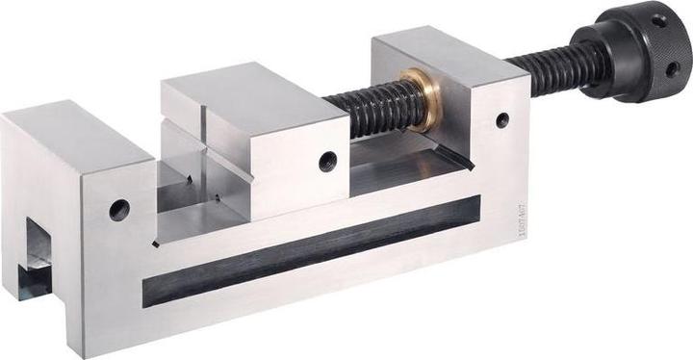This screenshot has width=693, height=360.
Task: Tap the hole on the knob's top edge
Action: point(658,19)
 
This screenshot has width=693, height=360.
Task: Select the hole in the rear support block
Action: point(502,120)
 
